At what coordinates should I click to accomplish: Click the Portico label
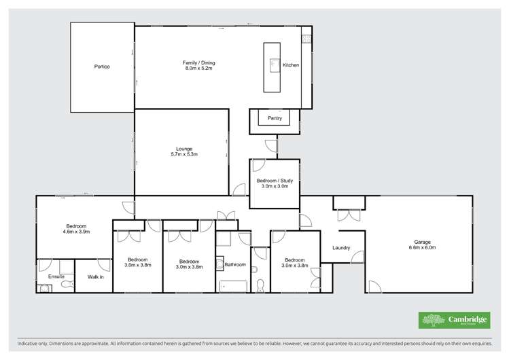coord(102,67)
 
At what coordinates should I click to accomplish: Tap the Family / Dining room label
coord(199,63)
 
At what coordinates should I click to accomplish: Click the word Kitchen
coord(291,65)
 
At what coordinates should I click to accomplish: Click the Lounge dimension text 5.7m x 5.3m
coord(184,154)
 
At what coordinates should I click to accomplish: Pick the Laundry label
coord(341,247)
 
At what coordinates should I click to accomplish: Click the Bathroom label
coord(235,264)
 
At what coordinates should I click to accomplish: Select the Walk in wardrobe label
coord(95,277)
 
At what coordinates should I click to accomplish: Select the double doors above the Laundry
coord(349,215)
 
